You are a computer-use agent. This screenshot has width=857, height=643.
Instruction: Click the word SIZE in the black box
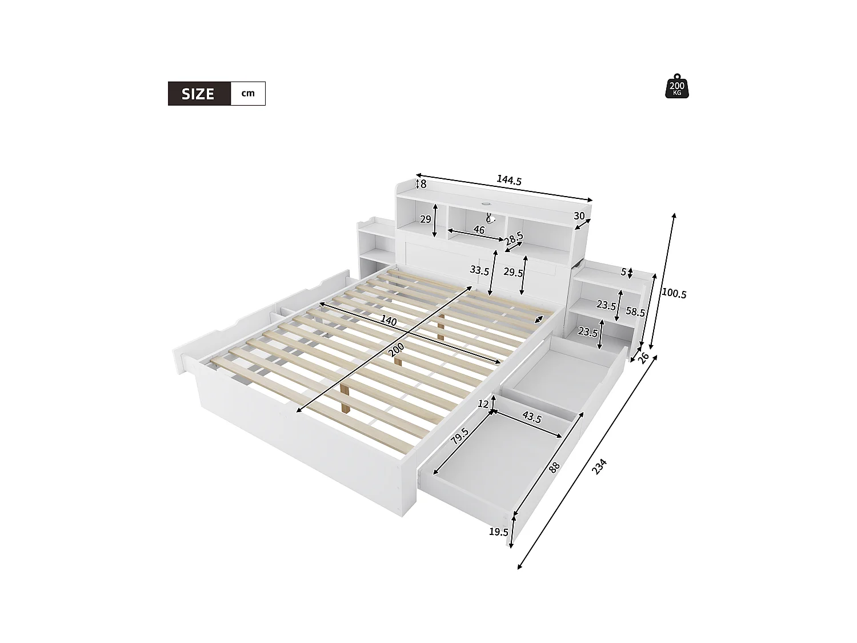tap(198, 94)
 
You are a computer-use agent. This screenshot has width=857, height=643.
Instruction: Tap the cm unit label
tap(248, 93)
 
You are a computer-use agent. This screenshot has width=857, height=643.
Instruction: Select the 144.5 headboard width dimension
tap(508, 181)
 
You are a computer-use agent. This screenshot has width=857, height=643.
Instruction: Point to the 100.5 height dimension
tap(674, 293)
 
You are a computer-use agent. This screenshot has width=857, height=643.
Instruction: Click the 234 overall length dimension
tap(599, 466)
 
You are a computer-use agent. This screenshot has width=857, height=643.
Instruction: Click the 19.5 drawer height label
tap(498, 532)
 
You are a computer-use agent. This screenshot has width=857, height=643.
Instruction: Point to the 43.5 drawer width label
tap(531, 417)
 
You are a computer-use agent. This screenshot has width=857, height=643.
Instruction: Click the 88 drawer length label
tap(554, 467)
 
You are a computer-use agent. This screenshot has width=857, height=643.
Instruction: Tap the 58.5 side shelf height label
tap(635, 311)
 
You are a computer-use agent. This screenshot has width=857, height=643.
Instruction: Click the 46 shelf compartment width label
tap(479, 230)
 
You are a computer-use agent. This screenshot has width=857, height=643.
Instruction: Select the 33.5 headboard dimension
tap(479, 270)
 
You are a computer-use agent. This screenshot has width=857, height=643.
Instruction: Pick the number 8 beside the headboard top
tap(423, 184)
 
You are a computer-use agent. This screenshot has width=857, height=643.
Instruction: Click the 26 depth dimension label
tap(643, 358)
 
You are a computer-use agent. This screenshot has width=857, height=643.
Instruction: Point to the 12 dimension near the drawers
tap(483, 404)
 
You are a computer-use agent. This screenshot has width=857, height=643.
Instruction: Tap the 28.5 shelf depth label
tap(514, 238)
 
